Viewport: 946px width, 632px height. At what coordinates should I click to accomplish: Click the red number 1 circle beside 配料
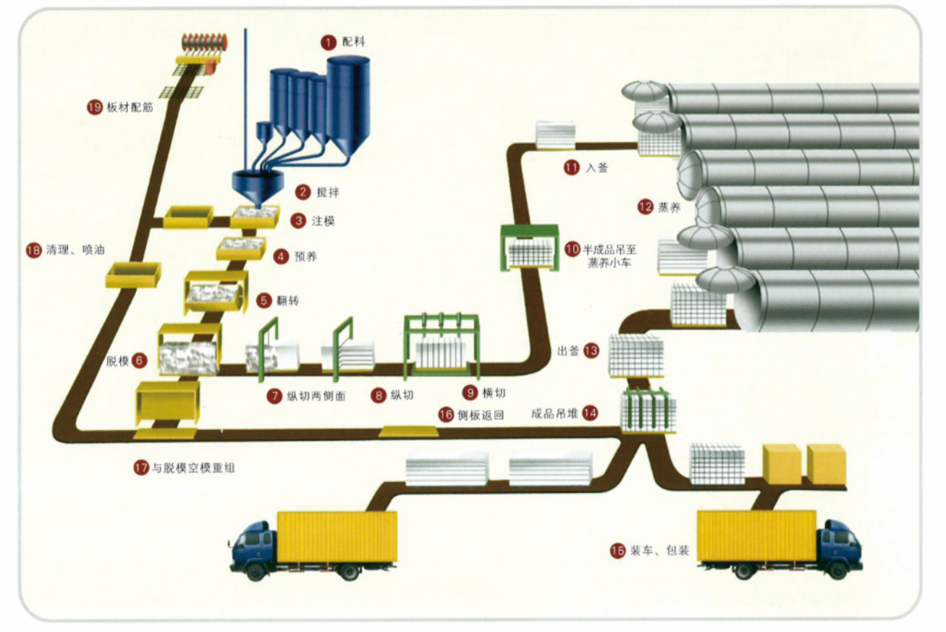pos(329,42)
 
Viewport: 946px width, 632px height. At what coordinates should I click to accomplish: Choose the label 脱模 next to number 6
pos(117,361)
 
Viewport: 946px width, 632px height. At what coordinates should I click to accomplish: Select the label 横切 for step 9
pos(494,393)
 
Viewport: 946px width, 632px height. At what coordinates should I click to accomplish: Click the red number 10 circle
pos(572,249)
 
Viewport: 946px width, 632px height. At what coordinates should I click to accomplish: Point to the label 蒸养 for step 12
pos(670,206)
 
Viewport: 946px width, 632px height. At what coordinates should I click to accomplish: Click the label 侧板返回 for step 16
pos(479,415)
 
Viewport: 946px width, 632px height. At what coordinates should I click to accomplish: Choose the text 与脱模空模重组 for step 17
pos(193,468)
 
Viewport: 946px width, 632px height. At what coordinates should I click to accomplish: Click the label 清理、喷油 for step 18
pos(76,250)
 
